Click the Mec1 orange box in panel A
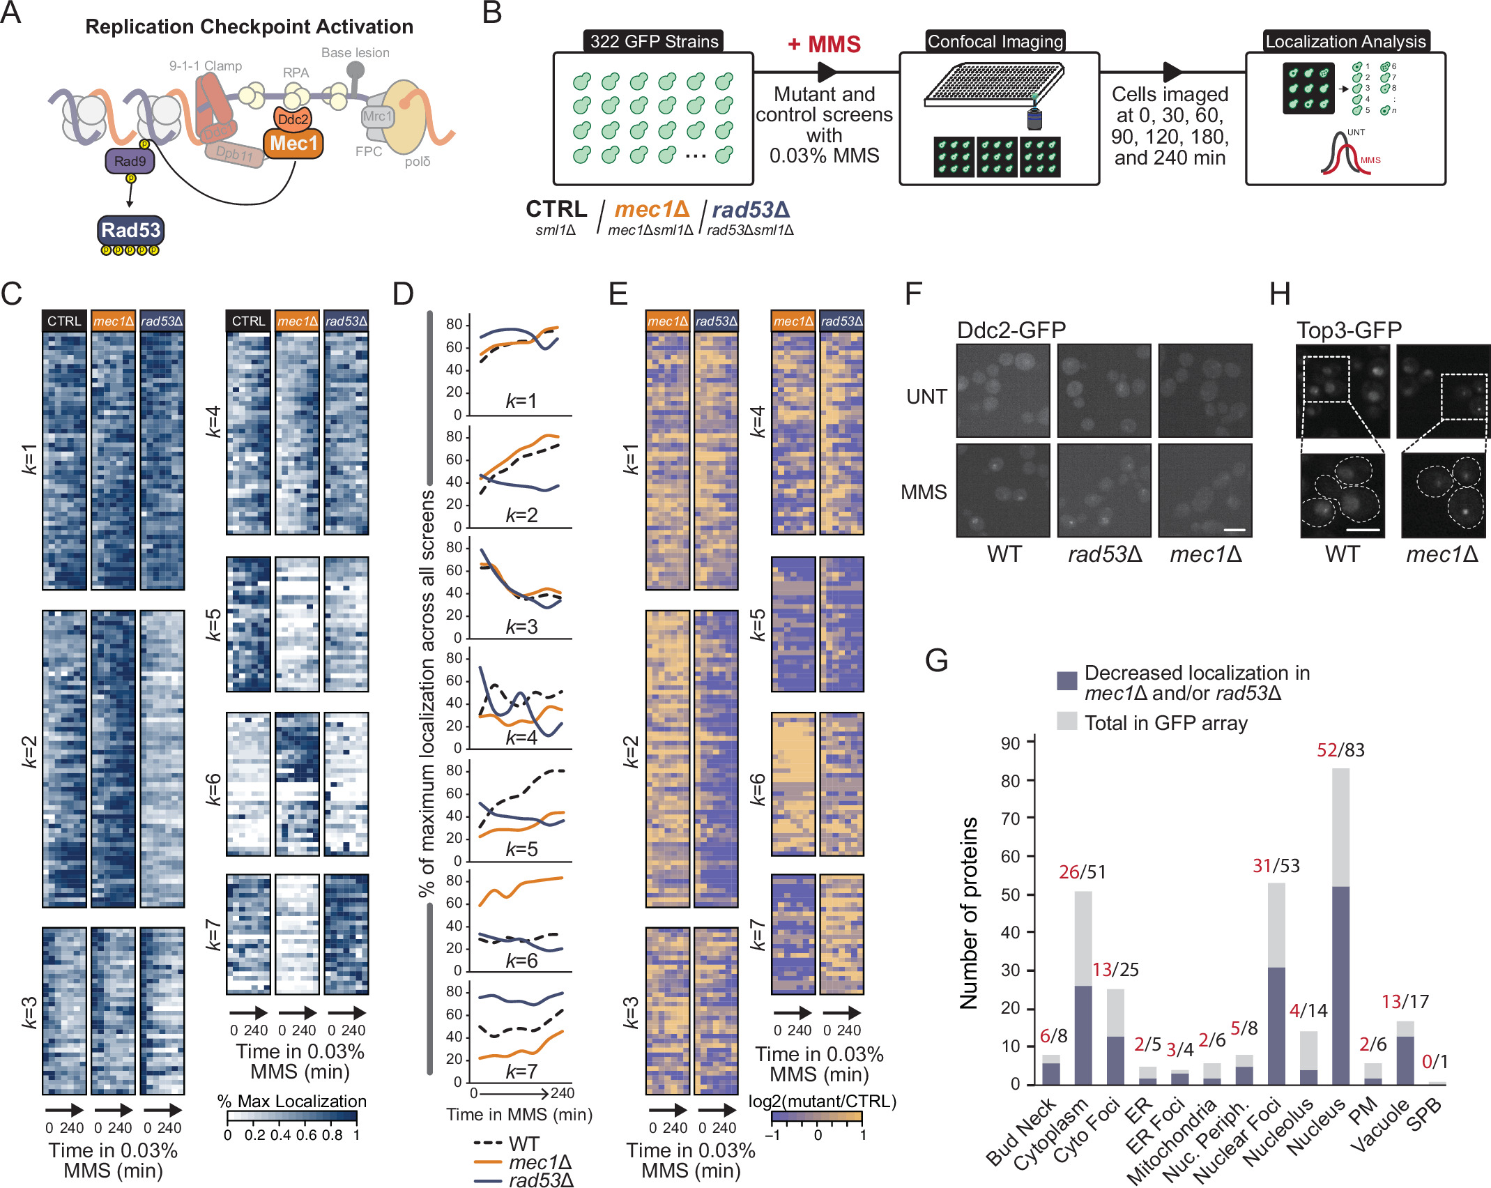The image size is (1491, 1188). pos(293,144)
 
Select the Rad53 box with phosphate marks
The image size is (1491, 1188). pos(130,231)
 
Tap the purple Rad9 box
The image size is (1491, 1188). pos(130,162)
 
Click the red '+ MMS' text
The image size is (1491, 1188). pos(824,45)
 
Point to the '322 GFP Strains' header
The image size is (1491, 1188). pos(654,42)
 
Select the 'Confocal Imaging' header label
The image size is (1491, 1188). pos(995,42)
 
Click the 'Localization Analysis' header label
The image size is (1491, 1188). pos(1345,42)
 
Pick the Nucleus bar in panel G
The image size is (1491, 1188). pos(1340,983)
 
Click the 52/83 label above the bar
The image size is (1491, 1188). pos(1340,750)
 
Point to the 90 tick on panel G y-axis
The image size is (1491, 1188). pos(1010,744)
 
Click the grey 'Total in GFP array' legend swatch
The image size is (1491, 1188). pos(1066,722)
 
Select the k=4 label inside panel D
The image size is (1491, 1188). pos(521,738)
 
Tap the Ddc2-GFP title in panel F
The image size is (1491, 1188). pos(1011,330)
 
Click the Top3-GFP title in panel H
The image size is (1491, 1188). pos(1348,330)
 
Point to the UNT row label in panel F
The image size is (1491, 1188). pos(926,397)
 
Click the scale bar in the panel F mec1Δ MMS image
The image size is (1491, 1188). pos(1234,530)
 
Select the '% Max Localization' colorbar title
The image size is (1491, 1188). pos(291,1101)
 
